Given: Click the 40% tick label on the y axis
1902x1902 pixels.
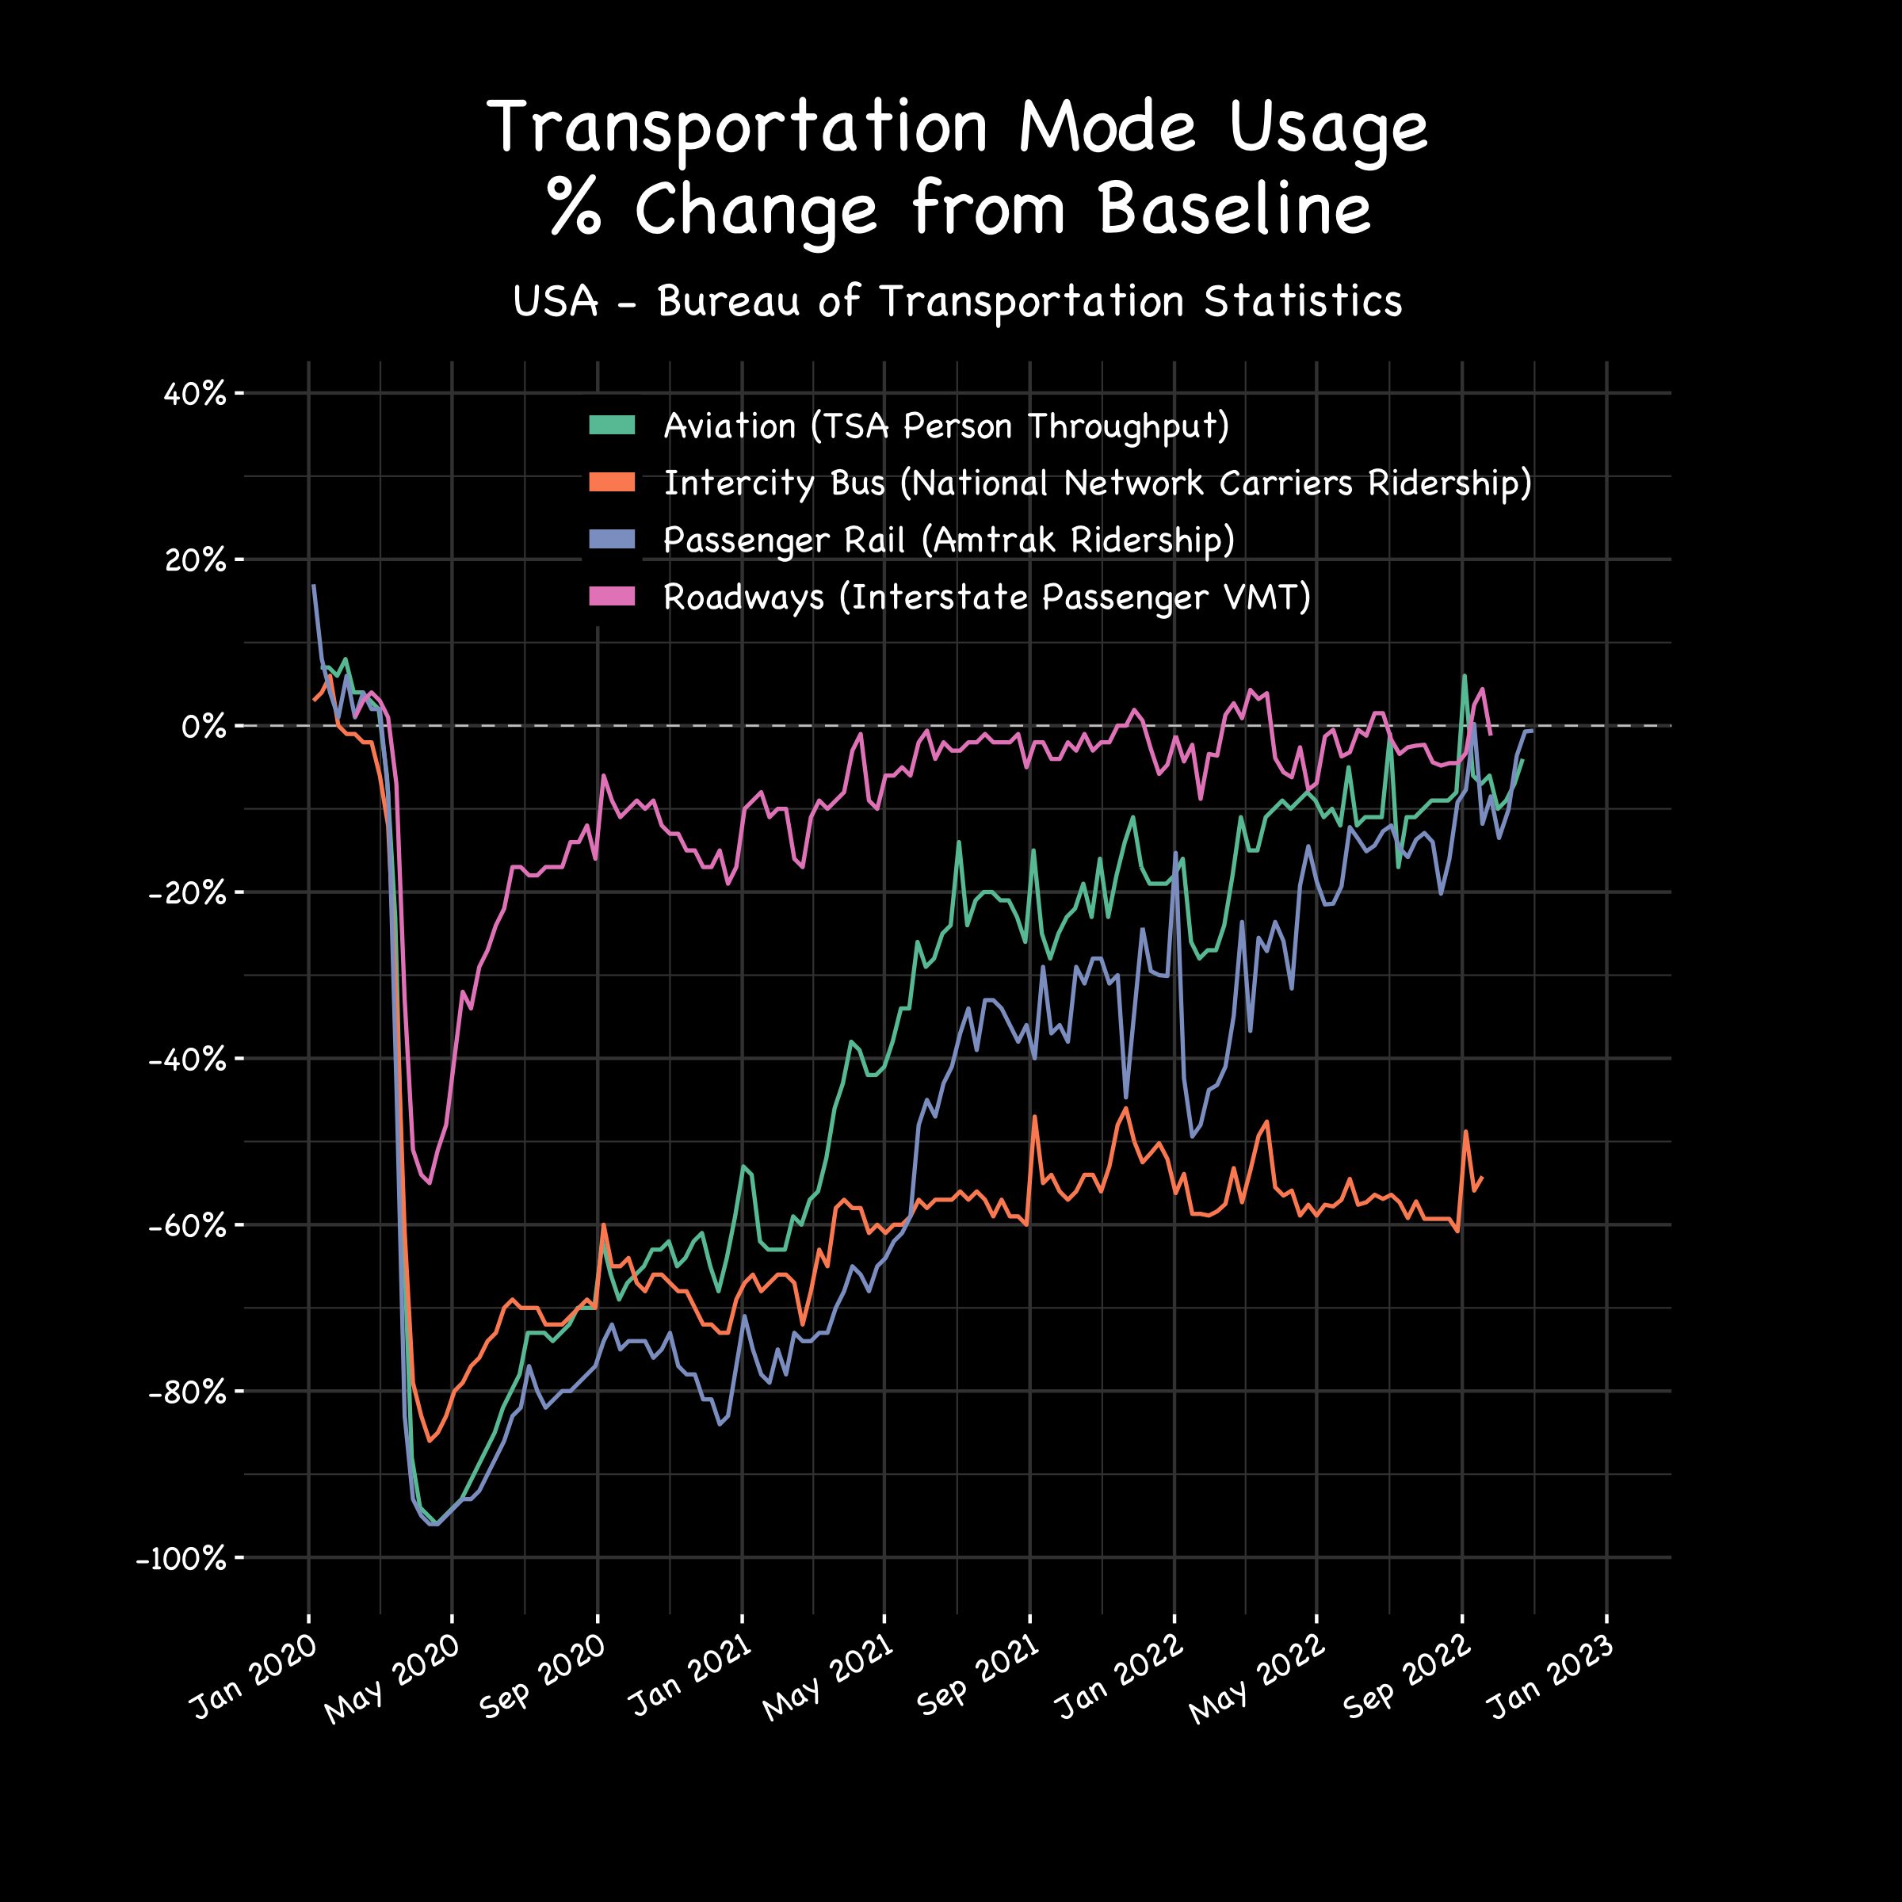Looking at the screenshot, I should point(195,395).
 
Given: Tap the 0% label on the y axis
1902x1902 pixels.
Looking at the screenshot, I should point(204,728).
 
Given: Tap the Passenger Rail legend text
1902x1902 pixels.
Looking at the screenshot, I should point(948,540).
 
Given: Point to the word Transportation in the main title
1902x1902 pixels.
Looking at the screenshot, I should point(736,128).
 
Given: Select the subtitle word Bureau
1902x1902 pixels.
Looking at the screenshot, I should point(729,301).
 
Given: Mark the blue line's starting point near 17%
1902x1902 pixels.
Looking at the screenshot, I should point(313,586).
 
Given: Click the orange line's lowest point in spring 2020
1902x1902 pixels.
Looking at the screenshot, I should point(430,1440).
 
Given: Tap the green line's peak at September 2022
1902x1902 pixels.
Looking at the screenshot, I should point(1465,675).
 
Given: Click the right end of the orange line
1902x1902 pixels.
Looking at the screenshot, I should point(1482,1178).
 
